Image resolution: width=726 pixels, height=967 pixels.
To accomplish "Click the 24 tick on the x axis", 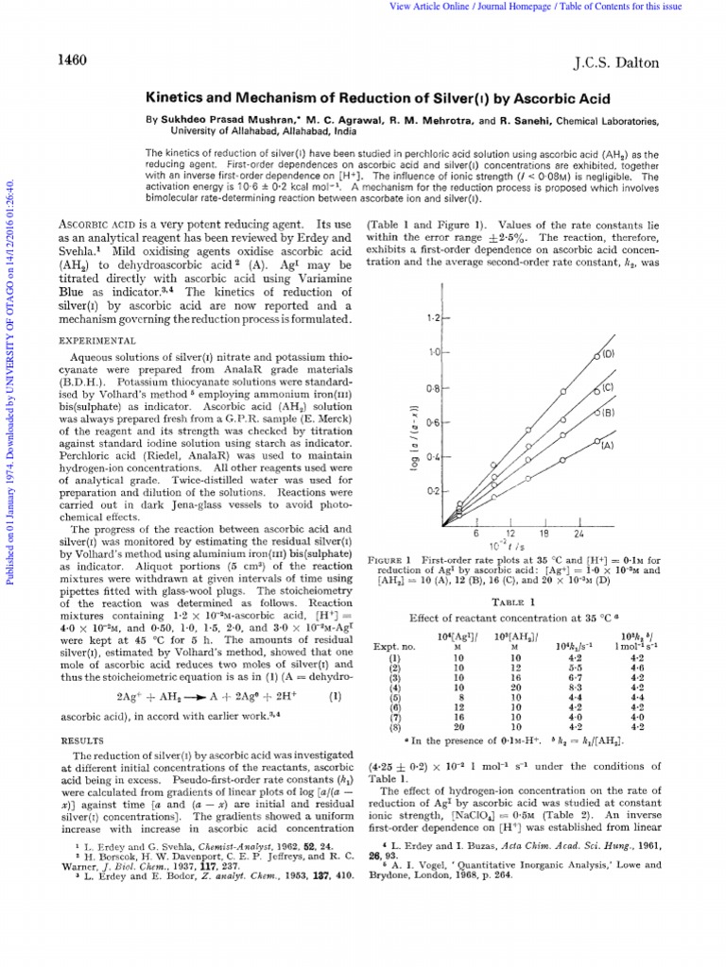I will (579, 534).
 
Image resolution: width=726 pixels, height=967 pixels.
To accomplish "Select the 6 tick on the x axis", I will (477, 534).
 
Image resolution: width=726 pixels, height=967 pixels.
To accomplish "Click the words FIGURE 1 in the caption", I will (390, 561).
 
